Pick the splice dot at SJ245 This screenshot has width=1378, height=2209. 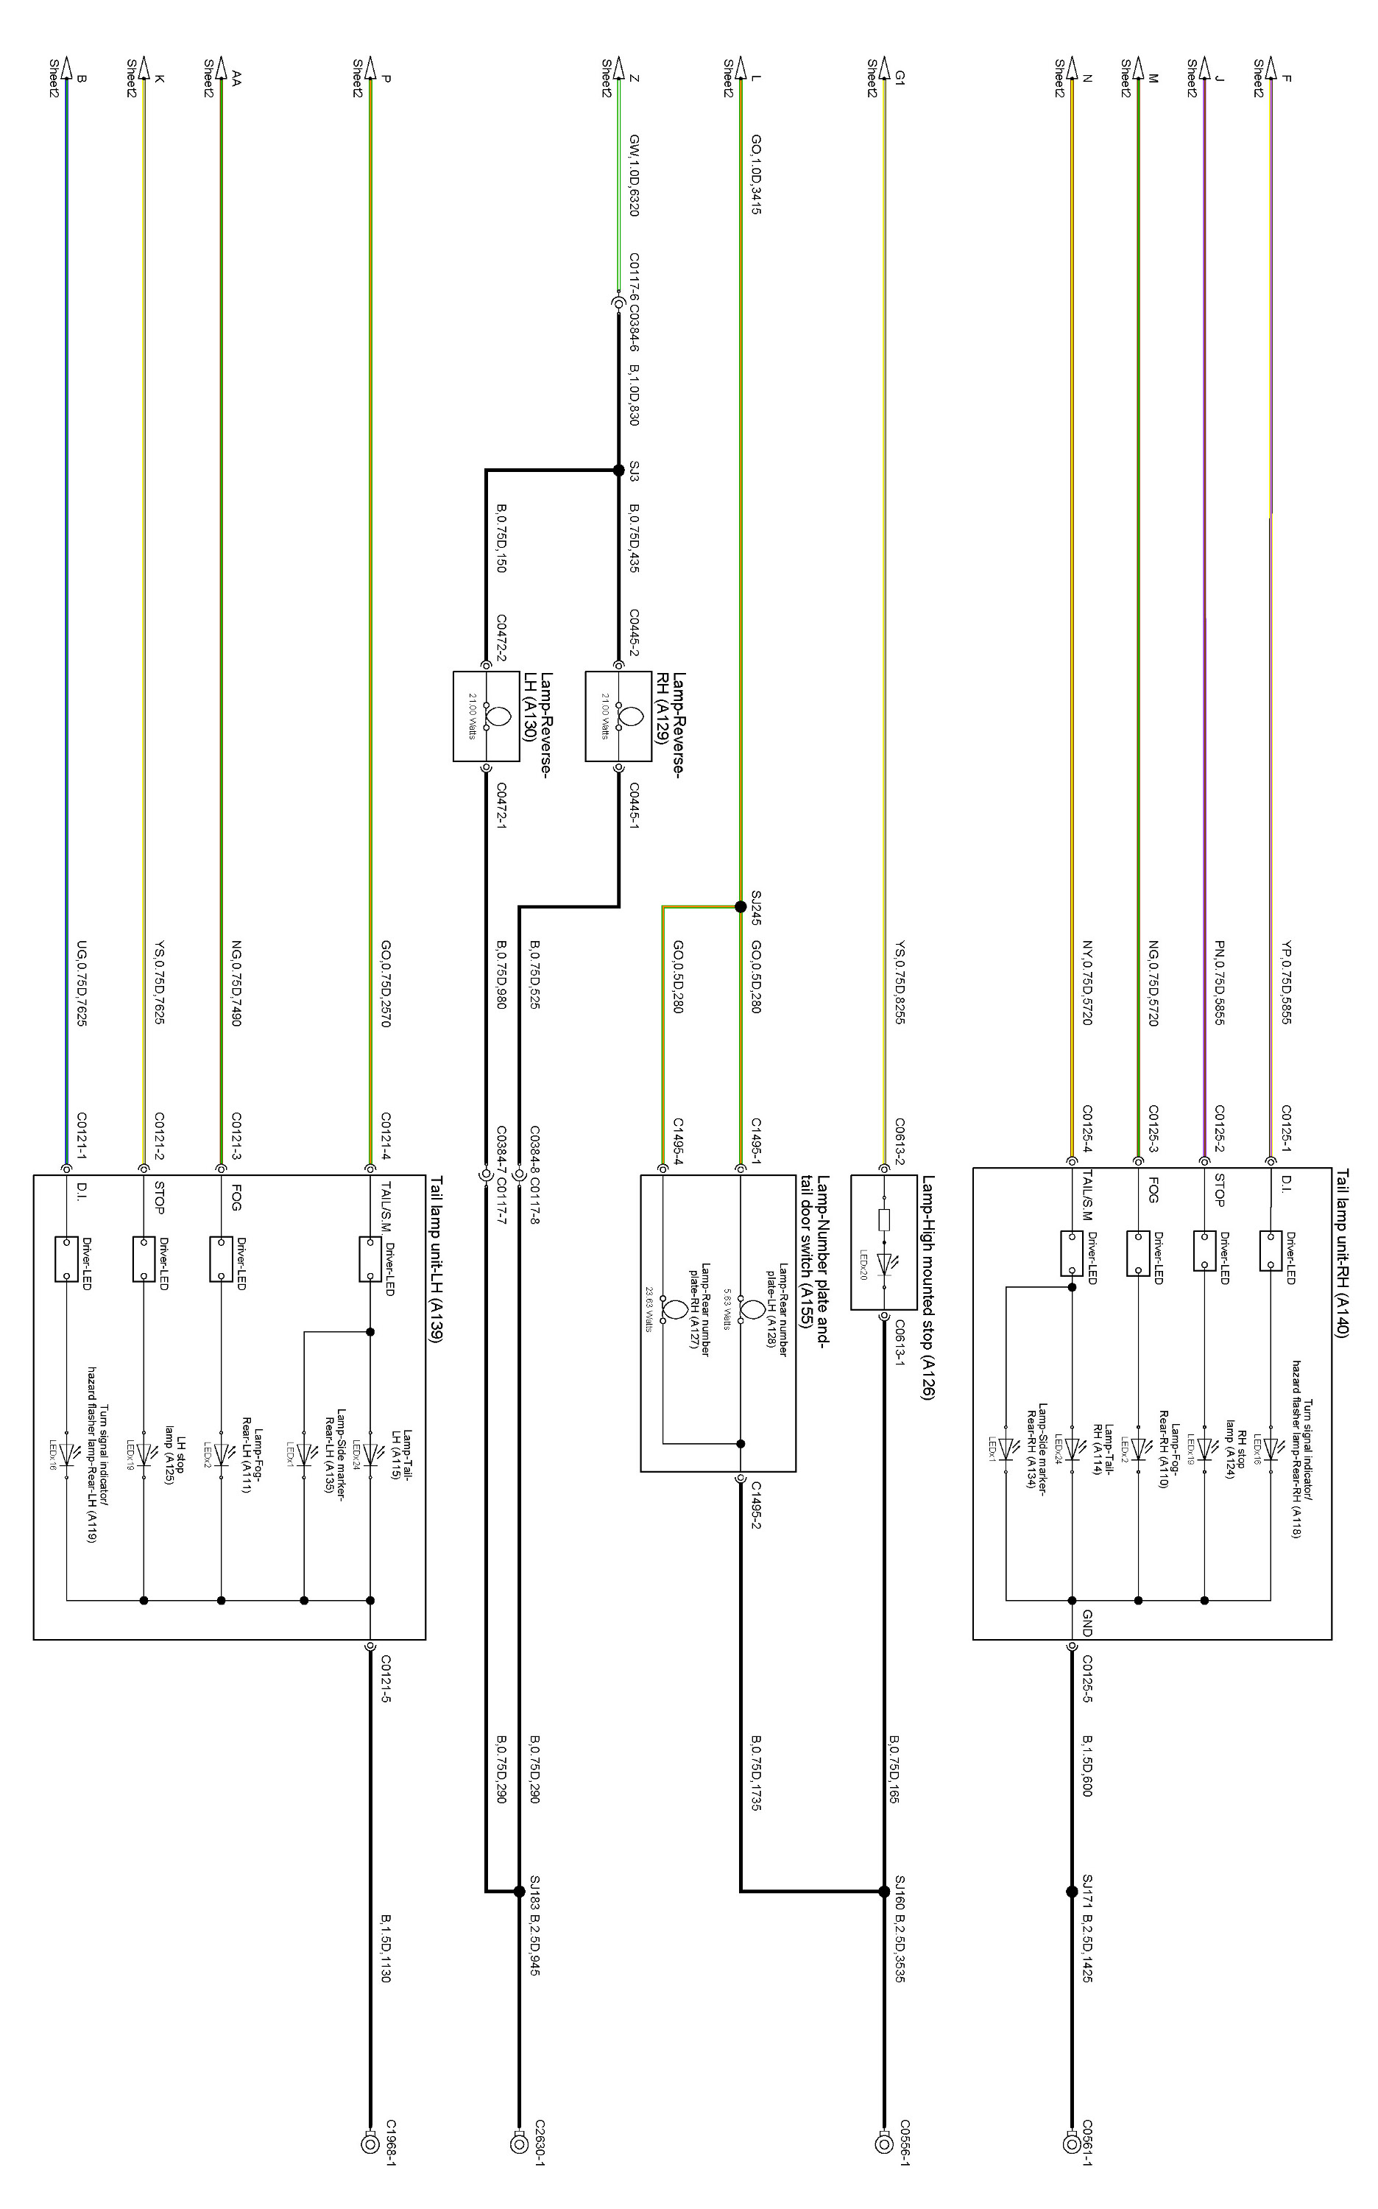[x=740, y=906]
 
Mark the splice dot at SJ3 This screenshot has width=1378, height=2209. [x=620, y=471]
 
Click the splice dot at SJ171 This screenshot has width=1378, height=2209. [x=1072, y=1892]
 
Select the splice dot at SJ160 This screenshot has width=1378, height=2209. [x=883, y=1892]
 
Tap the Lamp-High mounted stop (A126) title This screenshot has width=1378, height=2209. [x=928, y=1286]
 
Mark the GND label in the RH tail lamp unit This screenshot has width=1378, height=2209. [x=1087, y=1623]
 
